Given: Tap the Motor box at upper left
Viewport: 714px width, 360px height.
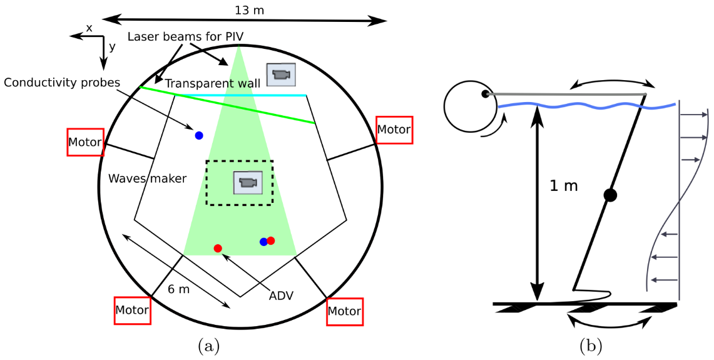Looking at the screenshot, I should click(85, 143).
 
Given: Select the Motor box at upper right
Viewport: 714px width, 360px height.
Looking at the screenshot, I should click(394, 130).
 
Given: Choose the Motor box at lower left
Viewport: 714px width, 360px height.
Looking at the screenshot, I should click(132, 310).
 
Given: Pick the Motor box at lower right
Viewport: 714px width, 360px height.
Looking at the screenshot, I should click(345, 311).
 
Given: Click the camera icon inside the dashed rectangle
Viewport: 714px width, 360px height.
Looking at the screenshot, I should click(247, 183).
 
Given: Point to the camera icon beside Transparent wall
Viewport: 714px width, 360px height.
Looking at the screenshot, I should click(281, 75).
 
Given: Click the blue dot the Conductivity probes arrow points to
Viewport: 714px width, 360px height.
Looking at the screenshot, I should click(199, 135).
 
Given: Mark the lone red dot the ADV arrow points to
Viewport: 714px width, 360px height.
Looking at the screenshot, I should click(218, 249).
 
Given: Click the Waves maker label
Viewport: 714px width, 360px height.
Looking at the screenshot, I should click(148, 178).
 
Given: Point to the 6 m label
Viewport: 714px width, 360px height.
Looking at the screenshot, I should click(178, 289).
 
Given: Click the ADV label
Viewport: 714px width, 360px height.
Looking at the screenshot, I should click(281, 296).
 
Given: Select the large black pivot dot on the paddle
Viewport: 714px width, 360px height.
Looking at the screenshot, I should click(611, 195).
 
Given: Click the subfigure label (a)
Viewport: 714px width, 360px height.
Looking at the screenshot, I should click(208, 345).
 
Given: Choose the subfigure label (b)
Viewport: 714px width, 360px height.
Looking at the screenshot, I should click(591, 345).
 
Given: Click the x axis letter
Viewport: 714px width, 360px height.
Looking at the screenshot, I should click(89, 28).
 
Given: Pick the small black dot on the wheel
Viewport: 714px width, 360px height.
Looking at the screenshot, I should click(485, 94).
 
